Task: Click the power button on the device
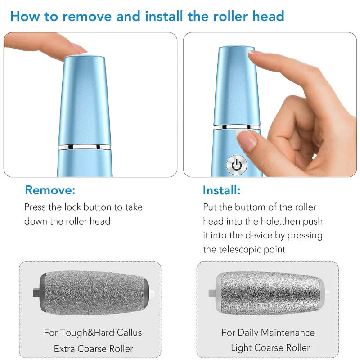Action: point(237,165)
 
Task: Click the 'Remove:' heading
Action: point(50,190)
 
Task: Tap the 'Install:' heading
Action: point(221,190)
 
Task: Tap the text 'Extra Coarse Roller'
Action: point(94,349)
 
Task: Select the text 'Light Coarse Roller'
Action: point(270,348)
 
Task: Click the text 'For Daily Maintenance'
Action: point(268,333)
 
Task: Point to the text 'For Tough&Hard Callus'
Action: point(93,333)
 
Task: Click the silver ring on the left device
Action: point(84,147)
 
